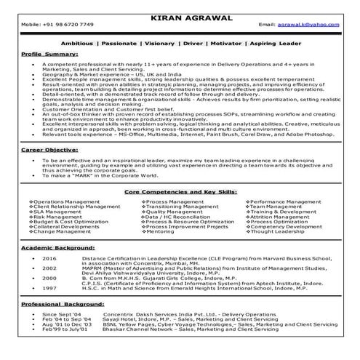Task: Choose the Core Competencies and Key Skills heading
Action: point(180,191)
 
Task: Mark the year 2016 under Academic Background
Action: point(49,258)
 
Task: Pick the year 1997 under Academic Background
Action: point(49,289)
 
